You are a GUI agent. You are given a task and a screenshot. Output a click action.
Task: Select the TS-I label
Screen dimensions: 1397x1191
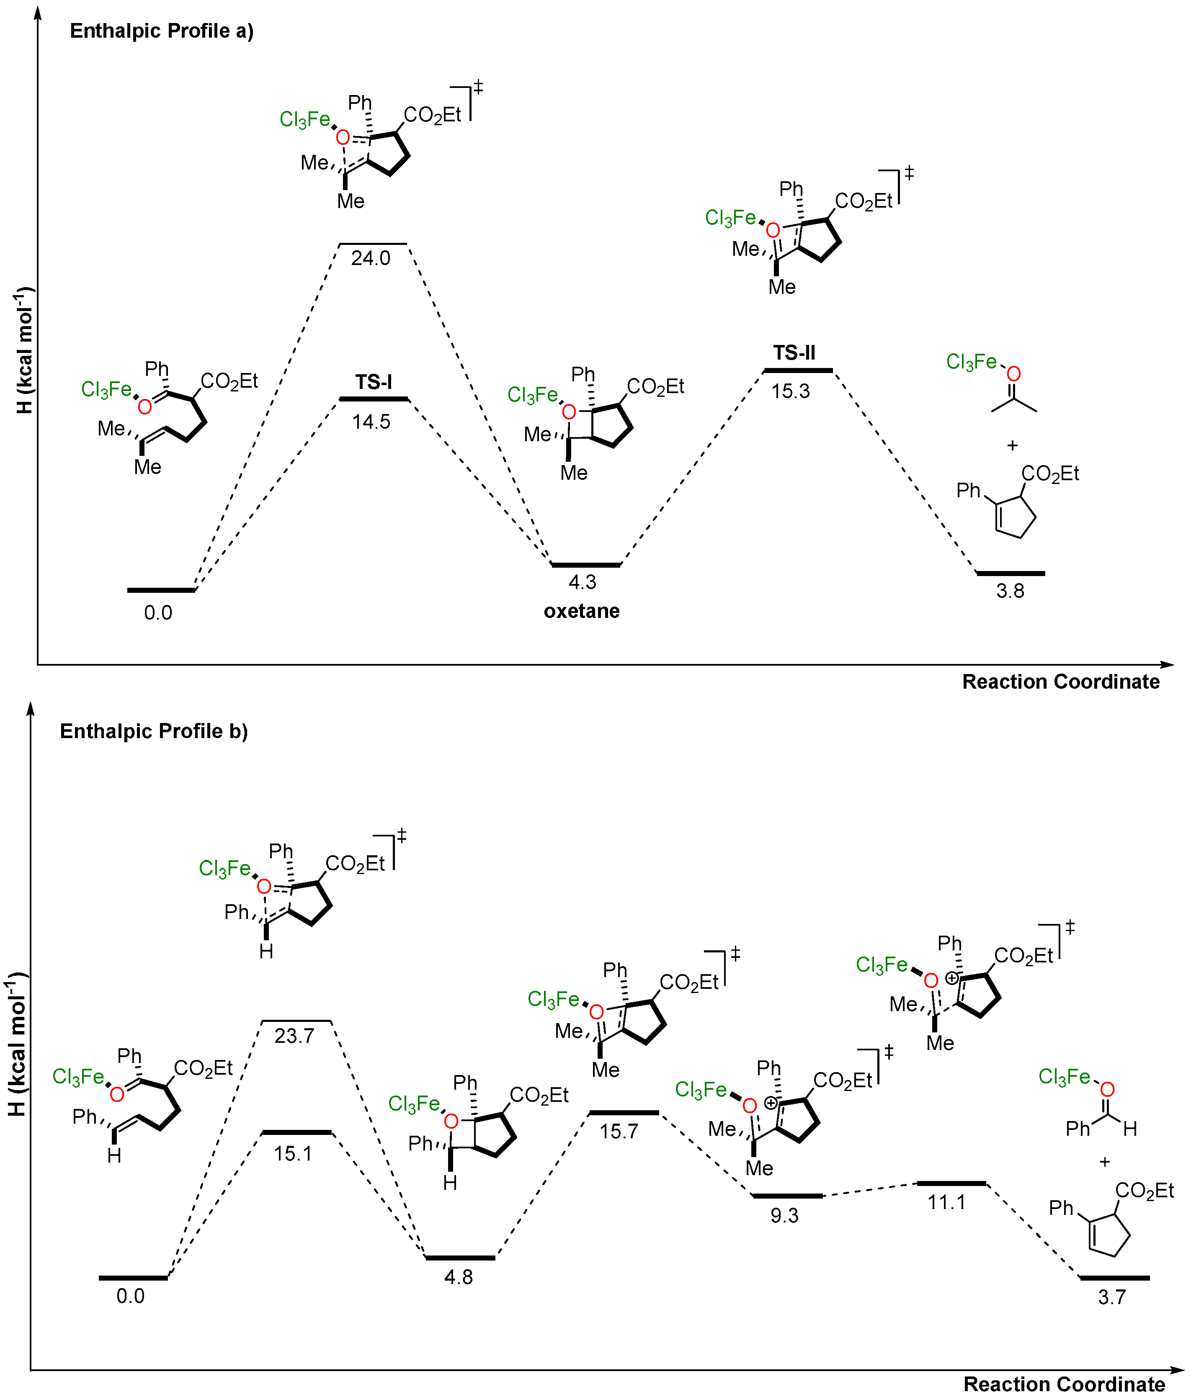click(x=374, y=382)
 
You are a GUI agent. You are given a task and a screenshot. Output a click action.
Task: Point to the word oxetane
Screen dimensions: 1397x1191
click(x=581, y=611)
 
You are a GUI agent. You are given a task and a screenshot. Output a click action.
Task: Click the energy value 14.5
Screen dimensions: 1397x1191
click(x=371, y=422)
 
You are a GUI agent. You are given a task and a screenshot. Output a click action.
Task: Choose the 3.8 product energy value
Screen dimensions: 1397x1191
click(x=1010, y=591)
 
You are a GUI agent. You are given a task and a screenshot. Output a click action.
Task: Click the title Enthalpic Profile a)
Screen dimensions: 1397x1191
click(x=162, y=31)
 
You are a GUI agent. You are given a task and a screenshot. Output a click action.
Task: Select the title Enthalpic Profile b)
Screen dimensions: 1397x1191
click(x=154, y=731)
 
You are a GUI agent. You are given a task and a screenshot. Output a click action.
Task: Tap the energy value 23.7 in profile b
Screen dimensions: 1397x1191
click(x=294, y=1036)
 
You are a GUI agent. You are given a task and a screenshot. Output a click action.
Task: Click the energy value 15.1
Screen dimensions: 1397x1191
click(x=293, y=1154)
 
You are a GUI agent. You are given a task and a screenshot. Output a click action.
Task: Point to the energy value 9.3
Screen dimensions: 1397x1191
click(x=784, y=1216)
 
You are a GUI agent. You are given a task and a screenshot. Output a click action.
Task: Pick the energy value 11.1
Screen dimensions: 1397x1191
click(x=946, y=1202)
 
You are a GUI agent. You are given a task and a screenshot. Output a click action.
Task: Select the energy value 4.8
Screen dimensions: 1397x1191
click(x=459, y=1277)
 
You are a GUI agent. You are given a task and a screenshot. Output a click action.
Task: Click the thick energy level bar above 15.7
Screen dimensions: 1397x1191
click(x=623, y=1112)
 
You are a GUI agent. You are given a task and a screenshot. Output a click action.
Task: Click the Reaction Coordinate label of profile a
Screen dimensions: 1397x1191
click(x=1060, y=682)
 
